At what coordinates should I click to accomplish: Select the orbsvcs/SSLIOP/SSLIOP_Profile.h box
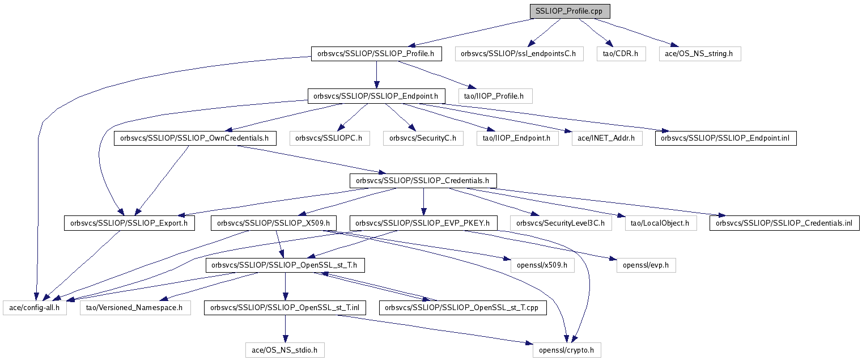[x=376, y=54]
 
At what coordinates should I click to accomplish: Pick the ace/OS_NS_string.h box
[x=700, y=54]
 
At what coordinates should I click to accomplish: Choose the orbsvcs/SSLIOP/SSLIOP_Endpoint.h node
[x=376, y=96]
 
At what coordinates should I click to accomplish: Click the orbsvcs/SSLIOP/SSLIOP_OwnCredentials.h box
[x=195, y=138]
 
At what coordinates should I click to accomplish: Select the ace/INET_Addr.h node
[x=607, y=138]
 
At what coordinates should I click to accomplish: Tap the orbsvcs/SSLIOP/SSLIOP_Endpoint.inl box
[x=726, y=138]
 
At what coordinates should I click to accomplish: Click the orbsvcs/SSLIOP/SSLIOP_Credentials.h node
[x=423, y=181]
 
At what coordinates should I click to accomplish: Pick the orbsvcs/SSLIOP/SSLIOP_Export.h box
[x=130, y=223]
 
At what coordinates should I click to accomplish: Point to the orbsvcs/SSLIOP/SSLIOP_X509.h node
[x=274, y=223]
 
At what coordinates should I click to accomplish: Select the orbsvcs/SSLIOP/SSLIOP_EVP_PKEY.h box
[x=423, y=223]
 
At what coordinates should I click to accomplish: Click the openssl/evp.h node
[x=646, y=265]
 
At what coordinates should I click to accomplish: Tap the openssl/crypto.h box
[x=566, y=350]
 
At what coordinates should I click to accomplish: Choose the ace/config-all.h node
[x=35, y=308]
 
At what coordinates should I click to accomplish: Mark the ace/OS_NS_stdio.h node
[x=285, y=350]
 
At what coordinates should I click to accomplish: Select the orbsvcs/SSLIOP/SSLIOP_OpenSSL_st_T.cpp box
[x=463, y=308]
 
